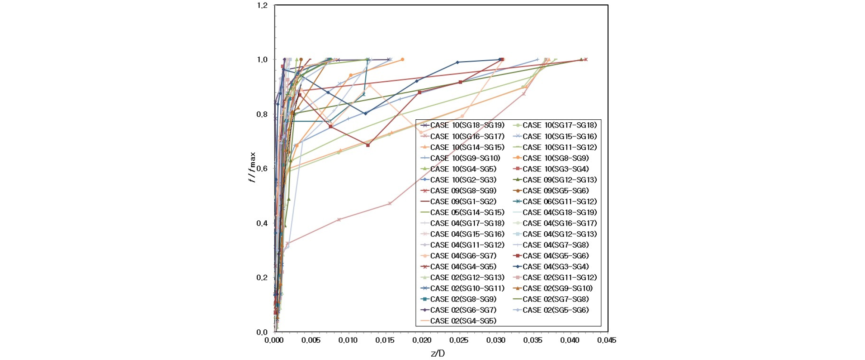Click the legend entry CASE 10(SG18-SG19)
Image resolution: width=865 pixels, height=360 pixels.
pos(462,125)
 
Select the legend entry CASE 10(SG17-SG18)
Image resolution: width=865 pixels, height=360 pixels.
pos(555,125)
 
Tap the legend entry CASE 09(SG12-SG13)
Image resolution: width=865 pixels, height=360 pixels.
pos(555,180)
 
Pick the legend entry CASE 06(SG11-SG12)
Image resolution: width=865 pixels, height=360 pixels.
pos(555,201)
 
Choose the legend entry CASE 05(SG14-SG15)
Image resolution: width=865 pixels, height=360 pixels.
pos(462,212)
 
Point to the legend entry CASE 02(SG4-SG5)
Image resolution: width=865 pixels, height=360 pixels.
pos(458,321)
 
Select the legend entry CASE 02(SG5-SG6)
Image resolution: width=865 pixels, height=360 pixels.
pos(551,310)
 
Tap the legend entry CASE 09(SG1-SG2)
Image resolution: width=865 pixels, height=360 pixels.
pos(458,201)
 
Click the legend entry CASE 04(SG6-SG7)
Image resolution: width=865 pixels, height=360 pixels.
pos(458,256)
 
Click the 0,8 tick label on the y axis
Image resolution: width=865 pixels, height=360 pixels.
pos(262,115)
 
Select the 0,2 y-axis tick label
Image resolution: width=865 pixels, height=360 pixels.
pos(262,278)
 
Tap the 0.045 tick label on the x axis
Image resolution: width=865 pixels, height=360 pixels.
pos(607,340)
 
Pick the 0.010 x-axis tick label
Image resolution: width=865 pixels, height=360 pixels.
pos(348,340)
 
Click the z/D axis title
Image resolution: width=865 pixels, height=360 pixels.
pos(438,354)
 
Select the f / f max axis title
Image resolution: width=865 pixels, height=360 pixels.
pos(252,167)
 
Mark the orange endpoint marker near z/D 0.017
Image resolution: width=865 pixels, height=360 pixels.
pos(402,59)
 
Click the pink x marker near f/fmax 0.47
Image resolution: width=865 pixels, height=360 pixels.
pos(390,203)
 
